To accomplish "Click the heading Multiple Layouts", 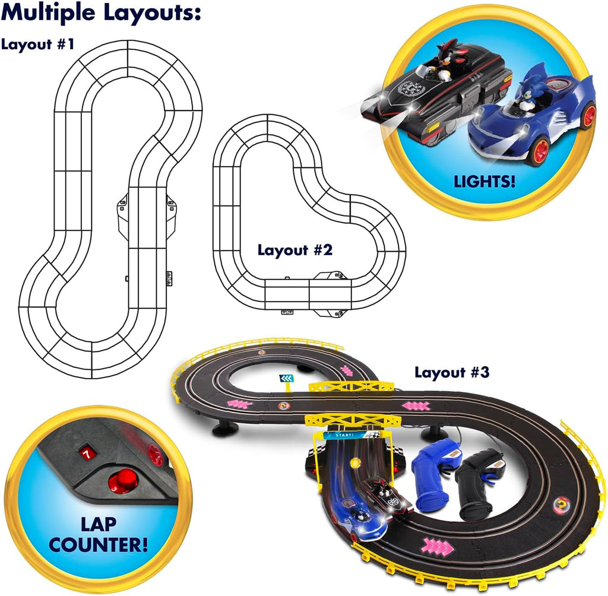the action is point(101,13).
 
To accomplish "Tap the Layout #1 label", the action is point(37,44).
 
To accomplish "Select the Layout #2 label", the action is point(295,251).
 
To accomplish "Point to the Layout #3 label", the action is point(452,373).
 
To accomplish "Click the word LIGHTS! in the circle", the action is point(484,182).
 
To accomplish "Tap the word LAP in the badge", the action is point(99,524).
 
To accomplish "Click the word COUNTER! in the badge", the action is point(99,545).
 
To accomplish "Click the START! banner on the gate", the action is point(345,435).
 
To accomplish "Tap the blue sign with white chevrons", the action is point(286,379).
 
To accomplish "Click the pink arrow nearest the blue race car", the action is point(438,547).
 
